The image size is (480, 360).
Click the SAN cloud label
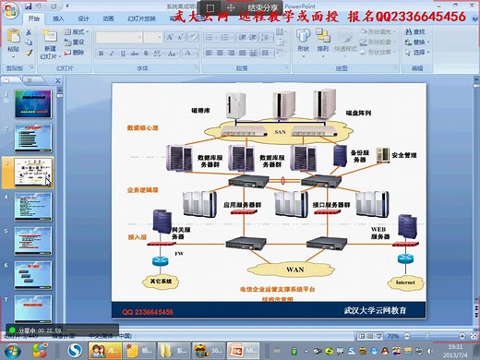pyautogui.click(x=281, y=132)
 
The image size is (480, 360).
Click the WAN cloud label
pyautogui.click(x=294, y=270)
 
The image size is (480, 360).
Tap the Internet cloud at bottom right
pyautogui.click(x=405, y=282)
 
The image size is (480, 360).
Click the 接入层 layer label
pyautogui.click(x=138, y=236)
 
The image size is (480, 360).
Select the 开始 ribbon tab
pyautogui.click(x=34, y=18)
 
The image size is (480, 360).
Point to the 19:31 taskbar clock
pyautogui.click(x=453, y=346)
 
